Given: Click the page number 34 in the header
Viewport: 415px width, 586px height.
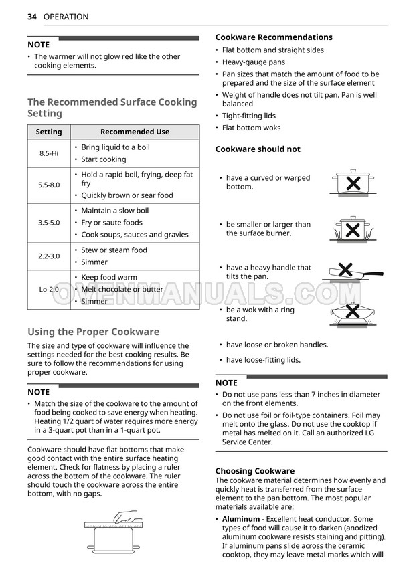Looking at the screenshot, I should (x=32, y=17).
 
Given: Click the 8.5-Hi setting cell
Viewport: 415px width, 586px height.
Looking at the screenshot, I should (x=49, y=153).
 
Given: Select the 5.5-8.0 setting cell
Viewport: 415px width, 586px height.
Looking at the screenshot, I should (x=49, y=185).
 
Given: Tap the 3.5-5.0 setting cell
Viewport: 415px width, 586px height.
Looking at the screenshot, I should (x=49, y=223).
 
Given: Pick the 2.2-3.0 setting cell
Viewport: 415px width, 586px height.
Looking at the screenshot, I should (x=49, y=256).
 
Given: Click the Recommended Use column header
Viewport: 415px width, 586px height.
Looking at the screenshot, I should (x=135, y=132).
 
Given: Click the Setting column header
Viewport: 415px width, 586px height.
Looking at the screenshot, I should (x=49, y=132).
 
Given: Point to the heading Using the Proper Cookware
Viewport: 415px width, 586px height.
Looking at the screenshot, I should (x=93, y=332).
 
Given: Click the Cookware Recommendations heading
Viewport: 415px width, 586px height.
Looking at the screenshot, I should (x=274, y=37).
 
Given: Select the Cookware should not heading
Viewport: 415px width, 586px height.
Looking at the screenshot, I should (x=258, y=149).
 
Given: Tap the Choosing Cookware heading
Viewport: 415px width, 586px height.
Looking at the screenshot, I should (x=254, y=471).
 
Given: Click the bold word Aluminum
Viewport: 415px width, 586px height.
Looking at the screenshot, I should (x=241, y=519).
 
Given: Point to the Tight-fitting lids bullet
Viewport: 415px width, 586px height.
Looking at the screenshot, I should (x=248, y=116).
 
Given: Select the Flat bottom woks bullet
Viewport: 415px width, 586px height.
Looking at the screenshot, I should (x=251, y=128).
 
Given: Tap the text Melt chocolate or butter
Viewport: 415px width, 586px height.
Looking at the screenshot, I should (x=122, y=290).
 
